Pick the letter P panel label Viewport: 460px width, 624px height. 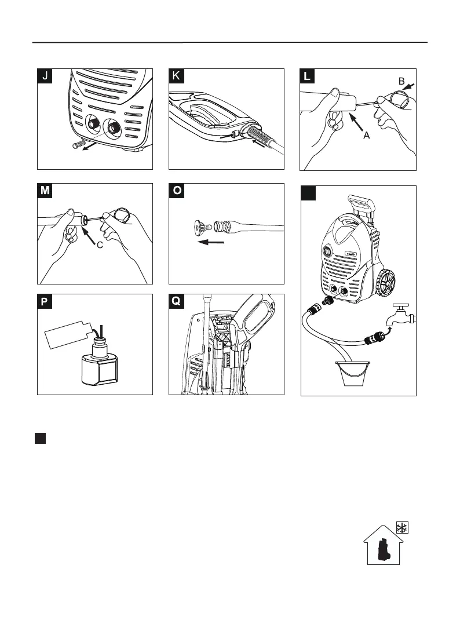(x=45, y=302)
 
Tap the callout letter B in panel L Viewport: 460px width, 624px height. (x=401, y=82)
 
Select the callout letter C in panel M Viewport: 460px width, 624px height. (x=100, y=245)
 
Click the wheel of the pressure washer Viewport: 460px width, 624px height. (x=392, y=284)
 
